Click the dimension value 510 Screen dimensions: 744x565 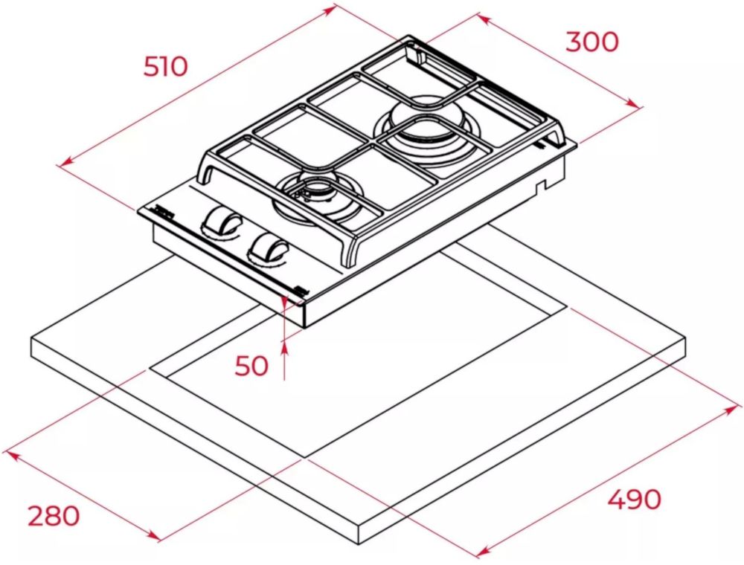(166, 66)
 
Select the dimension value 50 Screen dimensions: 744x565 (251, 366)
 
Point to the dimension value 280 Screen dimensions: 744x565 (54, 516)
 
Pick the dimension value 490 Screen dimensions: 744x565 (635, 499)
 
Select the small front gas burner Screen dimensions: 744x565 (315, 199)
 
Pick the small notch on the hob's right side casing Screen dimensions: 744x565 (540, 186)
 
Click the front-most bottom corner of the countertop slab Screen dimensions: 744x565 (359, 545)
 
